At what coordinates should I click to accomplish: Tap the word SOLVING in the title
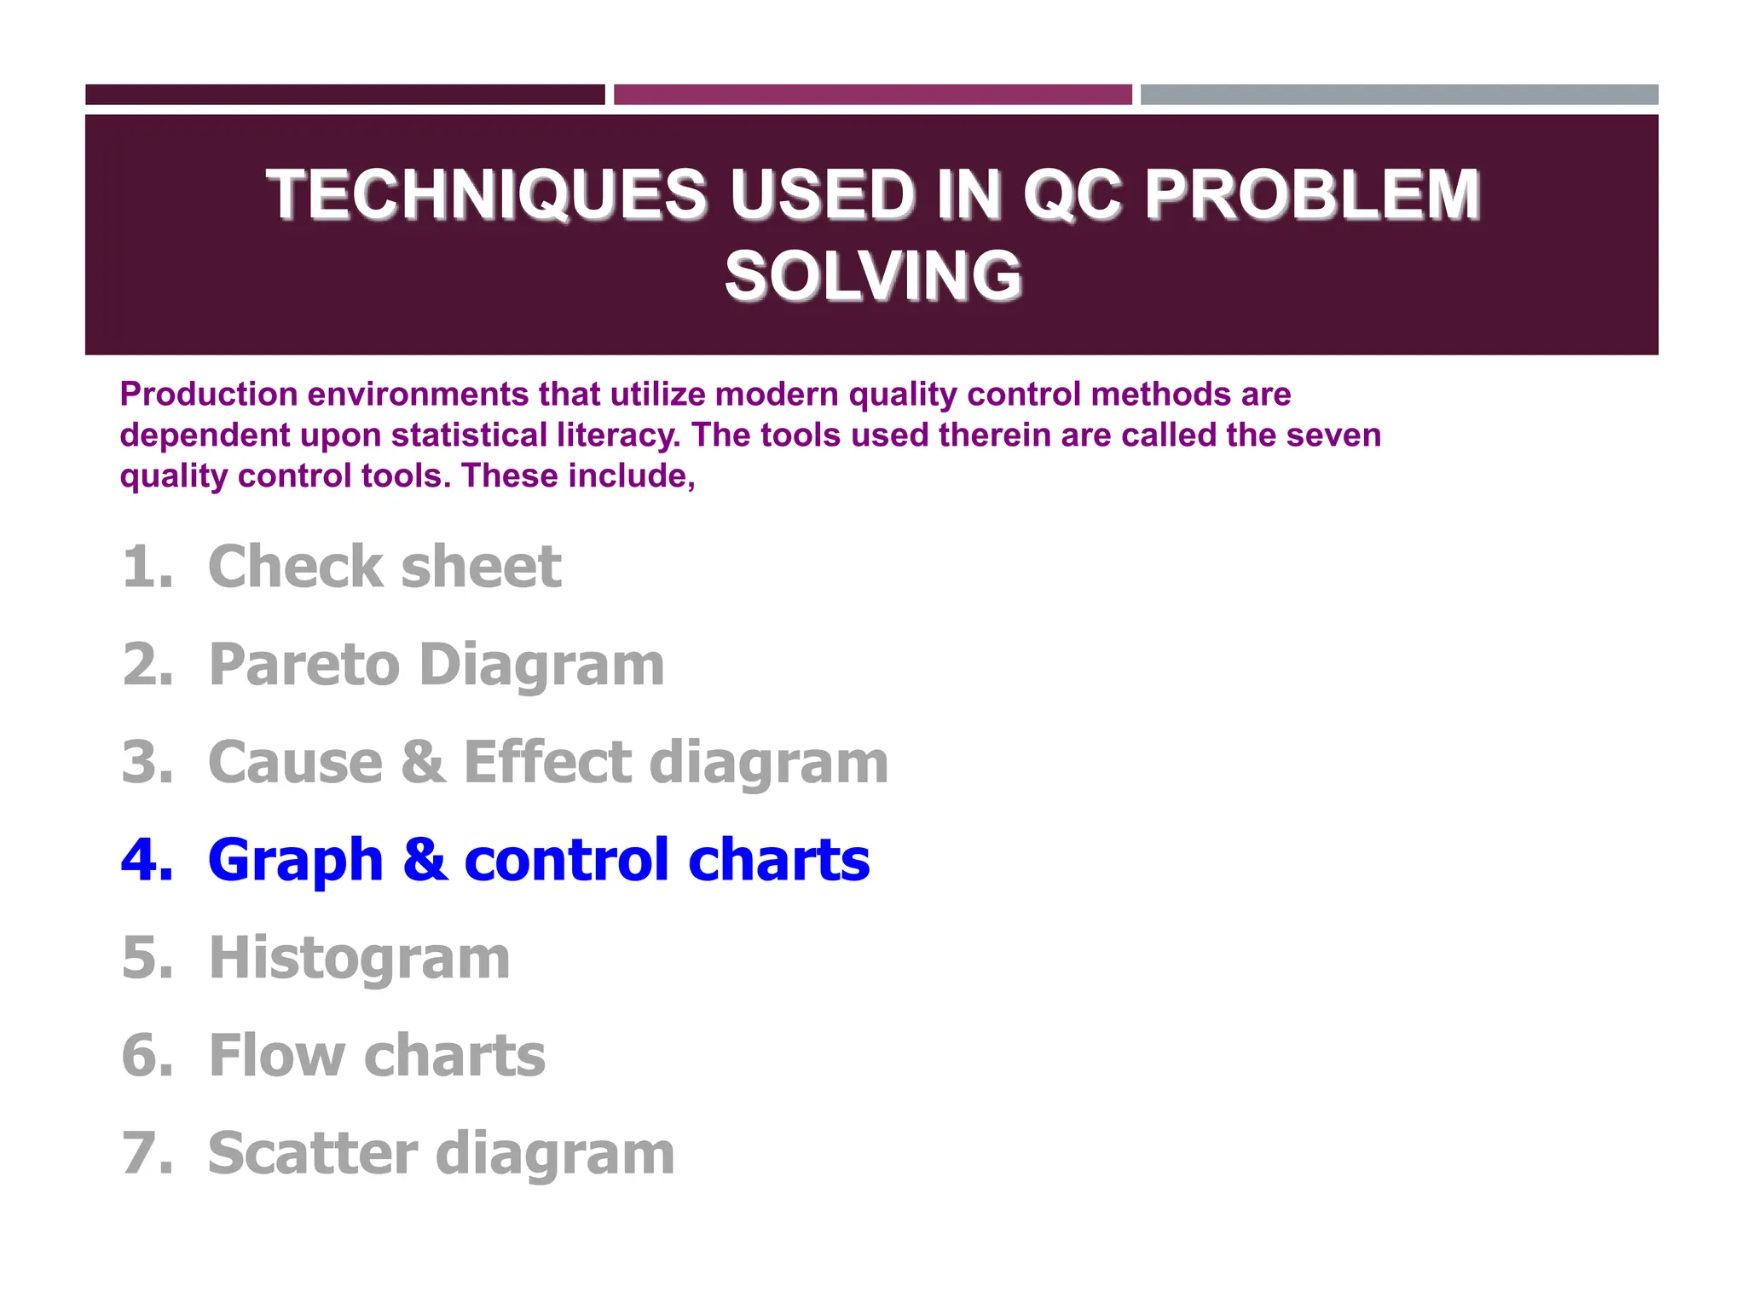pos(873,276)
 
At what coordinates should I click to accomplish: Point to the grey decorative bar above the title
pos(1399,95)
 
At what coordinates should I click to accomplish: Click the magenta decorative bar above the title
pos(872,95)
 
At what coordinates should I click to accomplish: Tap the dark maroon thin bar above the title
pos(344,95)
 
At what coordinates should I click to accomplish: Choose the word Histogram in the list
pos(359,958)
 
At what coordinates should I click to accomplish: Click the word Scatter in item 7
pos(313,1153)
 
